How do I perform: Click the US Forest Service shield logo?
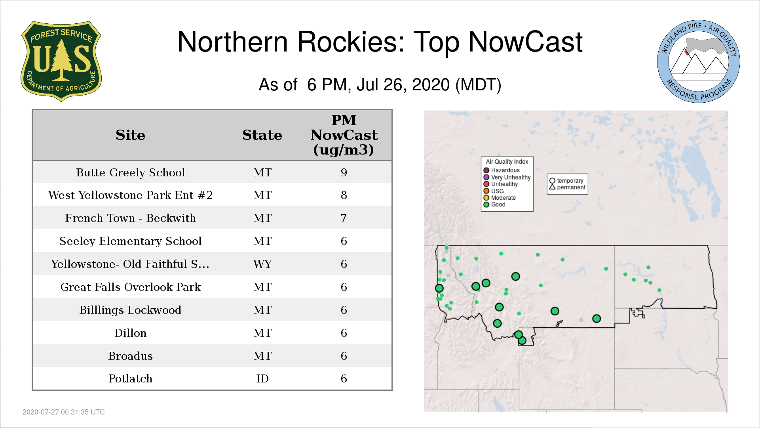61,61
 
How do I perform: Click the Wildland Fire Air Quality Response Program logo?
698,61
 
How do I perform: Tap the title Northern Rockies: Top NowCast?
380,42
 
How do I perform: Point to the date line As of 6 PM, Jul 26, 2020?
380,85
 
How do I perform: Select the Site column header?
131,135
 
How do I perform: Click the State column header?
262,135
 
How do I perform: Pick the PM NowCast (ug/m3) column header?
344,135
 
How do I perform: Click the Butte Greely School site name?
131,172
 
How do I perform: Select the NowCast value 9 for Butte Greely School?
344,172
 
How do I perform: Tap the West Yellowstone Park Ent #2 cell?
131,195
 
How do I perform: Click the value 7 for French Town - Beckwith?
344,218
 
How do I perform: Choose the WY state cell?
262,264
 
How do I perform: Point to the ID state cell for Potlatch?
262,378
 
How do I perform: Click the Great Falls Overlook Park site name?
131,287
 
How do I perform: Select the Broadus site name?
131,356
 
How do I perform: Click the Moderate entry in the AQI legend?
500,198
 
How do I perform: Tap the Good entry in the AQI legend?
494,204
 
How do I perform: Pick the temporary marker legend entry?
566,181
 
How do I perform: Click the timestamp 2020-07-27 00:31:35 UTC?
64,412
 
